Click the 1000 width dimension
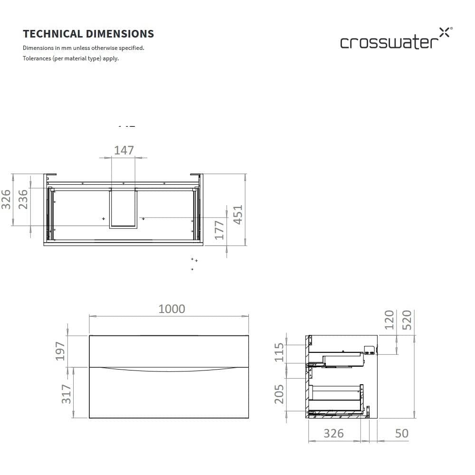[171, 309]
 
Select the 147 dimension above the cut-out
[123, 150]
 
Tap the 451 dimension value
[237, 215]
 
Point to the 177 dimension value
[219, 230]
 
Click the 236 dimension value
[23, 199]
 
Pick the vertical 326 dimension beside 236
[6, 199]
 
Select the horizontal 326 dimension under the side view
[333, 433]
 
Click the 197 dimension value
[60, 351]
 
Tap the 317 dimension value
[66, 394]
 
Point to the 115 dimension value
[279, 352]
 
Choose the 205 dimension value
[279, 394]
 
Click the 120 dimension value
[389, 319]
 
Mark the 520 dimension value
[408, 319]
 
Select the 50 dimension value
[401, 433]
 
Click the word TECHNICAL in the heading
[53, 34]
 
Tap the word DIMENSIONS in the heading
[120, 34]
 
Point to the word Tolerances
[37, 58]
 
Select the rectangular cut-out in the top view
[123, 208]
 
